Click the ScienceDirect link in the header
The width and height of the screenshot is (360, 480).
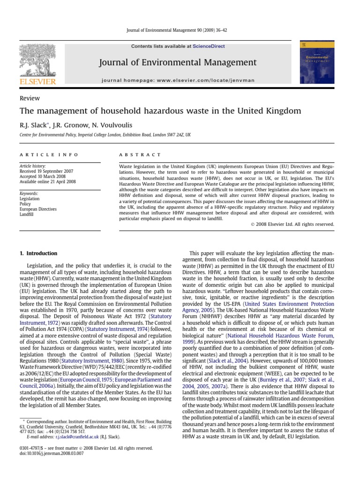(210, 46)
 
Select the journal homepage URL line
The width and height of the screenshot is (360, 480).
(178, 80)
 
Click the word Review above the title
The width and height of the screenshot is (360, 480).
(30, 98)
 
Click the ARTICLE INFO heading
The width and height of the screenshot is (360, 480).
(49, 155)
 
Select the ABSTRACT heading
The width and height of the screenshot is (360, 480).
(140, 155)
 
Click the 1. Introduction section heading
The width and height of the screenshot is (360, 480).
(38, 254)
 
